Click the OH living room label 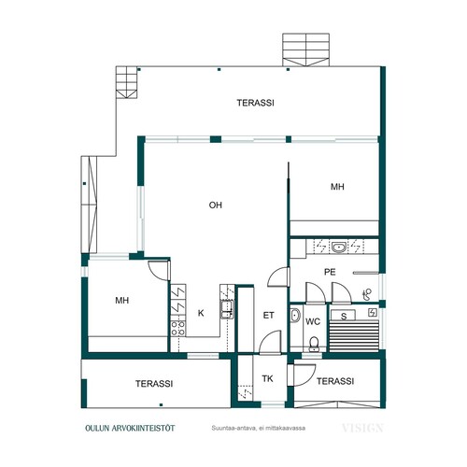click(x=216, y=205)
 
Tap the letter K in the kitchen click(x=201, y=313)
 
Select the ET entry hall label click(x=268, y=316)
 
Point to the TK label click(x=267, y=378)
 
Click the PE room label click(x=330, y=272)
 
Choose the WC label click(x=313, y=321)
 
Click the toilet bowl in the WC click(x=314, y=344)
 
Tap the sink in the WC click(x=295, y=316)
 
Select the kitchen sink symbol click(x=227, y=309)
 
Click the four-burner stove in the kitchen click(x=178, y=329)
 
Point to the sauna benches click(x=354, y=336)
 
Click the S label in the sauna click(x=344, y=317)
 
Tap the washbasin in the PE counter click(x=338, y=248)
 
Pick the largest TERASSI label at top click(x=255, y=103)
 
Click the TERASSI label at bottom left click(x=154, y=384)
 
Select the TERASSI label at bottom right click(x=335, y=381)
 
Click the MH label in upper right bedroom click(x=337, y=187)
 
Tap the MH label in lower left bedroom click(x=122, y=301)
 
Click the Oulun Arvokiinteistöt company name click(x=130, y=428)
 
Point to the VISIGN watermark click(x=362, y=428)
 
